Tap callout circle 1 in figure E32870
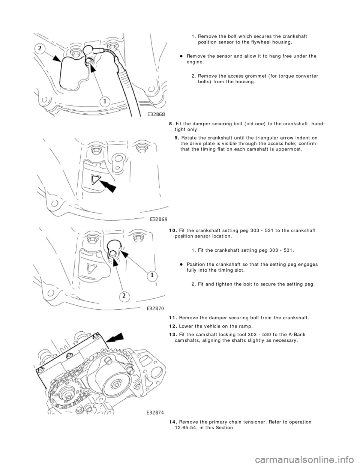coord(152,276)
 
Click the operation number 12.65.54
coord(187,427)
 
